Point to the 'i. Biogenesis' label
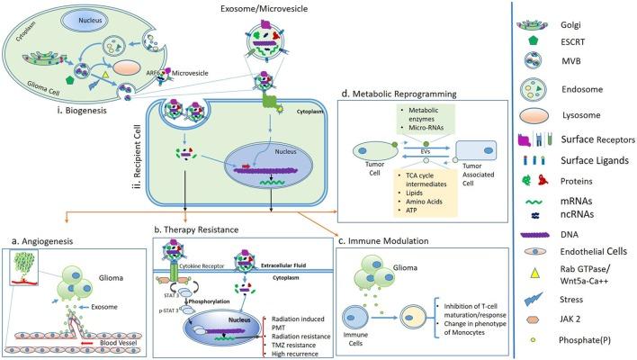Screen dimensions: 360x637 pyautogui.click(x=53, y=93)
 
